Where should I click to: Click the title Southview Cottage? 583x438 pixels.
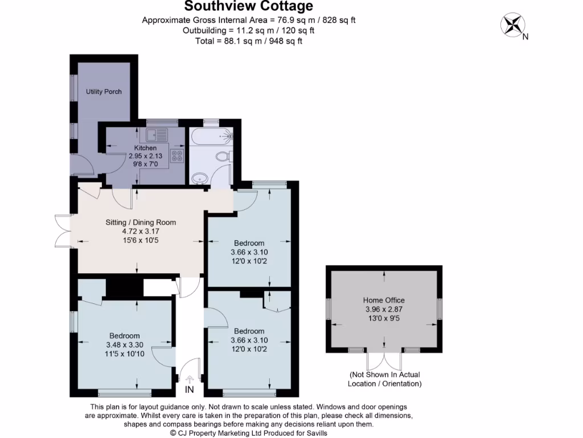point(249,7)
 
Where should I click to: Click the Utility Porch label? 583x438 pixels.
point(104,91)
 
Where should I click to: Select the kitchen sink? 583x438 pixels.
point(155,136)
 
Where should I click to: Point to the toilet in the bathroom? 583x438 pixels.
point(222,156)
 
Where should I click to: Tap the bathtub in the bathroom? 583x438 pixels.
point(211,136)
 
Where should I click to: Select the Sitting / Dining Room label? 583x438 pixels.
point(141,222)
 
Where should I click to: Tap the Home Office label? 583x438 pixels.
point(384,300)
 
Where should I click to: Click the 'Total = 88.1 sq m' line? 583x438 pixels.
point(249,40)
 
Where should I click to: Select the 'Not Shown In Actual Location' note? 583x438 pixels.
point(385,379)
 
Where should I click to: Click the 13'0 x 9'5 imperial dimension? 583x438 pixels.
point(384,319)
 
